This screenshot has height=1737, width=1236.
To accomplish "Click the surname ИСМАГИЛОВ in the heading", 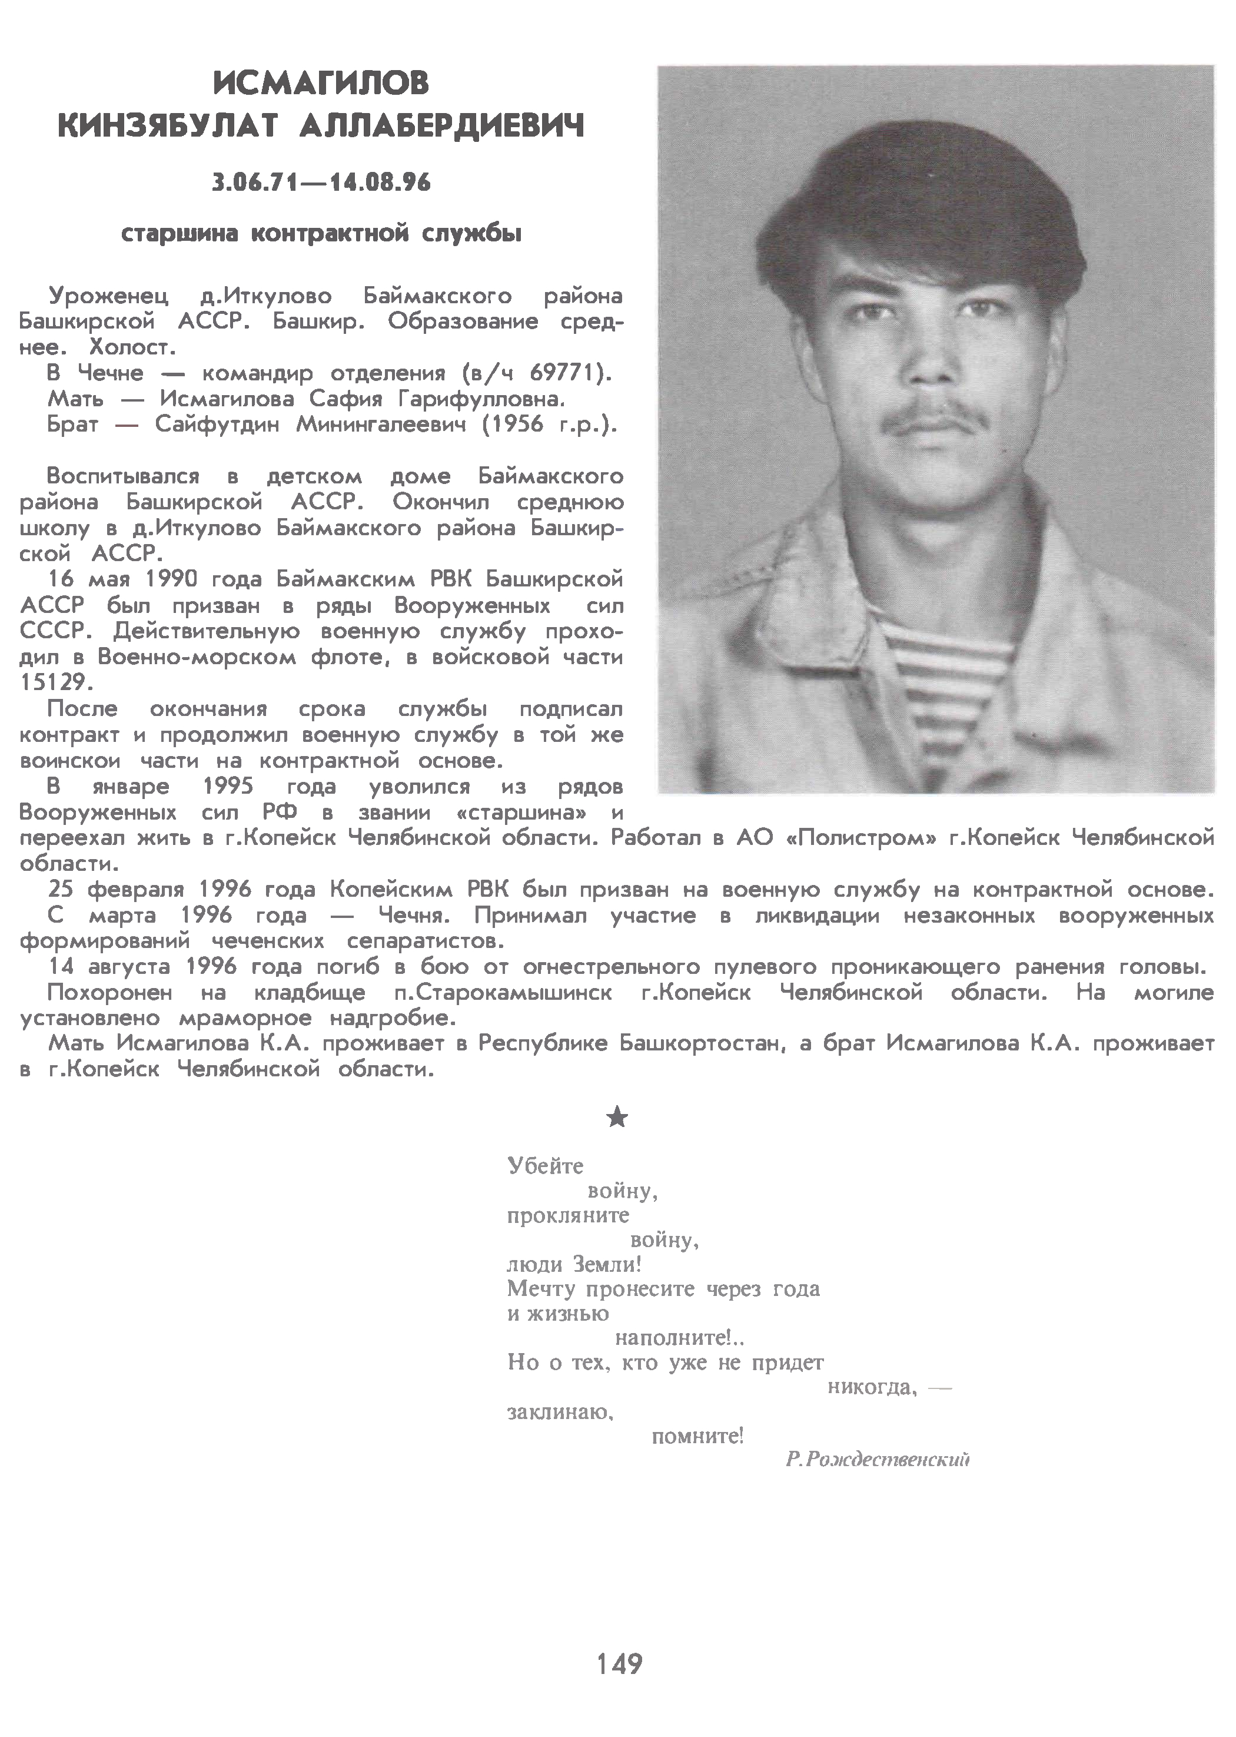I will (321, 83).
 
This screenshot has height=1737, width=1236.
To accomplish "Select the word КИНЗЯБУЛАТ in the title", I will (170, 127).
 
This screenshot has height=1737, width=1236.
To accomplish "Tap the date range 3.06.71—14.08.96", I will (321, 183).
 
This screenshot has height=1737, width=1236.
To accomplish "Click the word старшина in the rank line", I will (180, 234).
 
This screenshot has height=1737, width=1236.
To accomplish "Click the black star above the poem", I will (617, 1118).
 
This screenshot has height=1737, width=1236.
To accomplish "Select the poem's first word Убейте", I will (545, 1166).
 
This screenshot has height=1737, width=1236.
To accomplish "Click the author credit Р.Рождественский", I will (878, 1459).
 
